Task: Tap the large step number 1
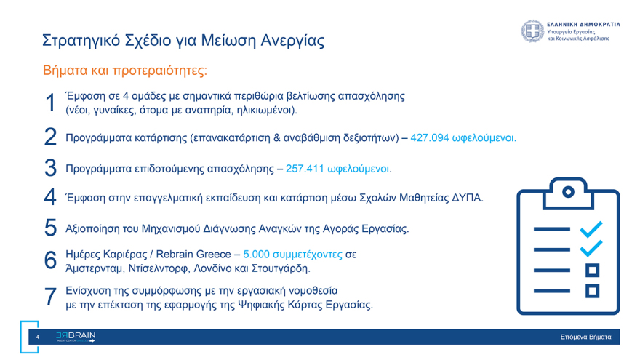tap(50, 103)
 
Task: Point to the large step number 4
tap(50, 196)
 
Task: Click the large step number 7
tap(50, 297)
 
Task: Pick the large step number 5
tap(50, 228)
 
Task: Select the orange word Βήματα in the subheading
tap(68, 71)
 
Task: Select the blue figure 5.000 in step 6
tap(257, 255)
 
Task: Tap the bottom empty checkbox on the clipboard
tap(593, 291)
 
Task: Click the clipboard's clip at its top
tap(569, 191)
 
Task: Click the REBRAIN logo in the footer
tap(75, 337)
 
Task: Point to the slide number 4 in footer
tap(38, 337)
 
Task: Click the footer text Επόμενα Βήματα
tap(585, 337)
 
